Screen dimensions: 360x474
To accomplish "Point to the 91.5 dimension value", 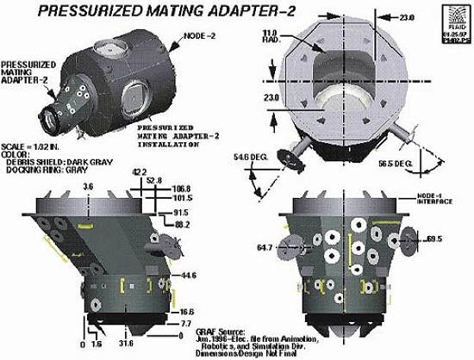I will [x=180, y=213].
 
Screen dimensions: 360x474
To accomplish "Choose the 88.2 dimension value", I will [x=180, y=224].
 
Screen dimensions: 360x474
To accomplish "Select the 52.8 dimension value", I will [x=153, y=180].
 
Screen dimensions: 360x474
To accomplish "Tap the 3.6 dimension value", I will [x=87, y=185].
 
